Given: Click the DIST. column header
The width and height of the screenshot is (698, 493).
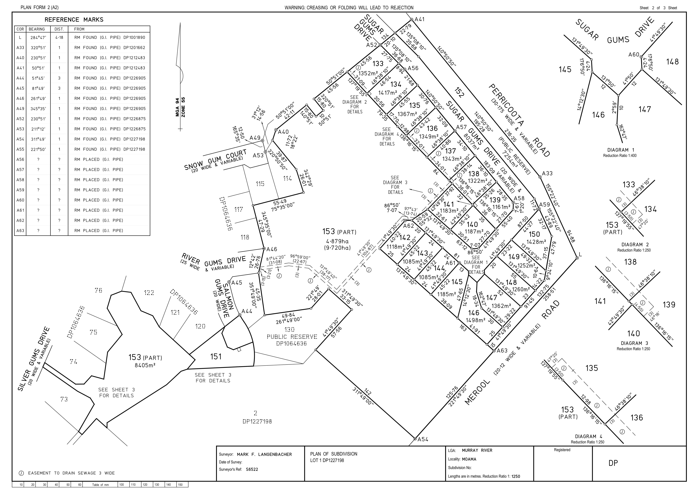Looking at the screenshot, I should [x=59, y=29].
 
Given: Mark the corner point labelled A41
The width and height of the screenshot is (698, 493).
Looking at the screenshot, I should [x=412, y=19].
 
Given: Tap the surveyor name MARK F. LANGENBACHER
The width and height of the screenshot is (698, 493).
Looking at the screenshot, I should [x=264, y=454].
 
